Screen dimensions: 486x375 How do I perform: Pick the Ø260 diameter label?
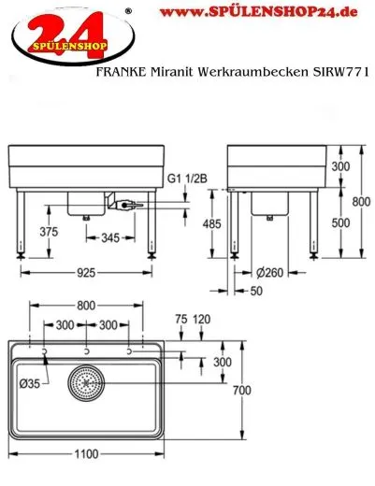coord(271,273)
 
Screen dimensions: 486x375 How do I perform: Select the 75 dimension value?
coord(180,318)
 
